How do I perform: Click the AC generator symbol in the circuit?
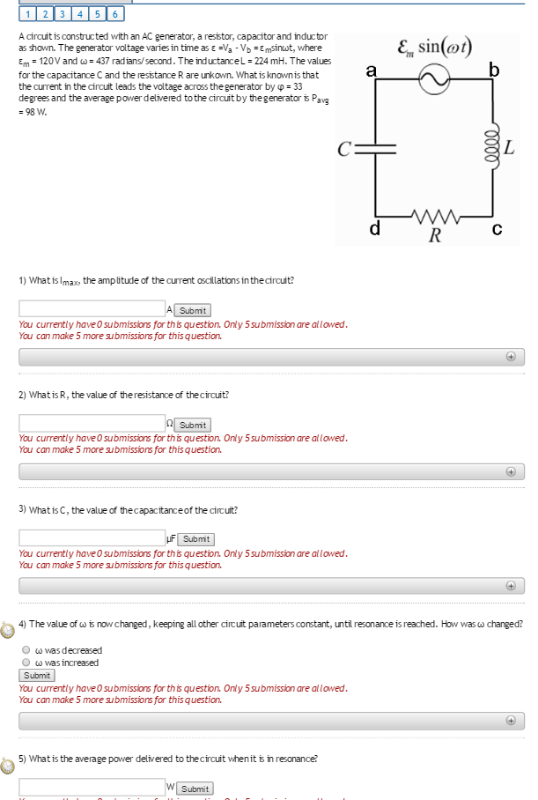coord(433,81)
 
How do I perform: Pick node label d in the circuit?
coord(374,231)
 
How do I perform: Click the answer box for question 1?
coord(92,309)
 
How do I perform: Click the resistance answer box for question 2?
coord(92,424)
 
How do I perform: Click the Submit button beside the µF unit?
coord(196,539)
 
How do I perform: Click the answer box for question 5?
coord(92,788)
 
